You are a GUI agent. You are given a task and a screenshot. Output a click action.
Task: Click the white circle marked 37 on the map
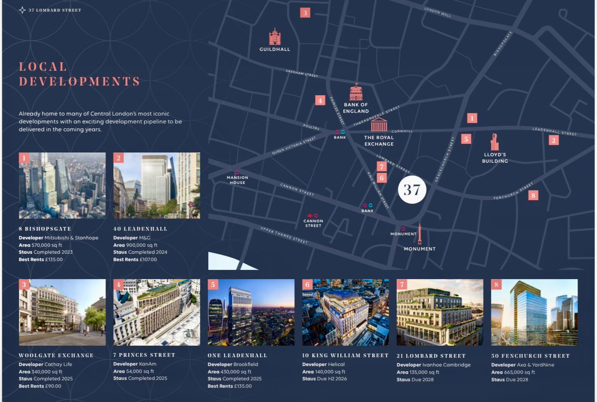[412, 190]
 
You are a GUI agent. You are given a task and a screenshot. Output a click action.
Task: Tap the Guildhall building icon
[275, 37]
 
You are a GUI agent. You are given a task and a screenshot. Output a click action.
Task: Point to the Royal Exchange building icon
[379, 124]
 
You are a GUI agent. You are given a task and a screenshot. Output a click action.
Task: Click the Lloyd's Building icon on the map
[495, 142]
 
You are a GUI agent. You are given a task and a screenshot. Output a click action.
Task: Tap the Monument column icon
[419, 234]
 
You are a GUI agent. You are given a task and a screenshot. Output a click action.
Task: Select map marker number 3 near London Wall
[305, 13]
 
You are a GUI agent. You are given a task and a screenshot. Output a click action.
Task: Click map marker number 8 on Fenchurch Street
[533, 195]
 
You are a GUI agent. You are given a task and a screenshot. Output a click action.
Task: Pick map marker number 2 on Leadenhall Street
[554, 140]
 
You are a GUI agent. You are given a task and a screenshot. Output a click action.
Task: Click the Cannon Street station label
[313, 223]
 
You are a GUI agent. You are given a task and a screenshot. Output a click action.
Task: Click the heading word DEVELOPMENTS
[79, 81]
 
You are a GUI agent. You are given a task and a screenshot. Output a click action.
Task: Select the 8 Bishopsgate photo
[62, 185]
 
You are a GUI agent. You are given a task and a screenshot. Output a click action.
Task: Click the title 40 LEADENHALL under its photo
[140, 229]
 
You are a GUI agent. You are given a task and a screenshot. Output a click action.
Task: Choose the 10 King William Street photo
[345, 312]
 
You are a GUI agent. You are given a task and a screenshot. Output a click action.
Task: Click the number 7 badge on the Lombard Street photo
[402, 285]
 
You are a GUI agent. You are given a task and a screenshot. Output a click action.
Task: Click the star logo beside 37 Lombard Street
[22, 10]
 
